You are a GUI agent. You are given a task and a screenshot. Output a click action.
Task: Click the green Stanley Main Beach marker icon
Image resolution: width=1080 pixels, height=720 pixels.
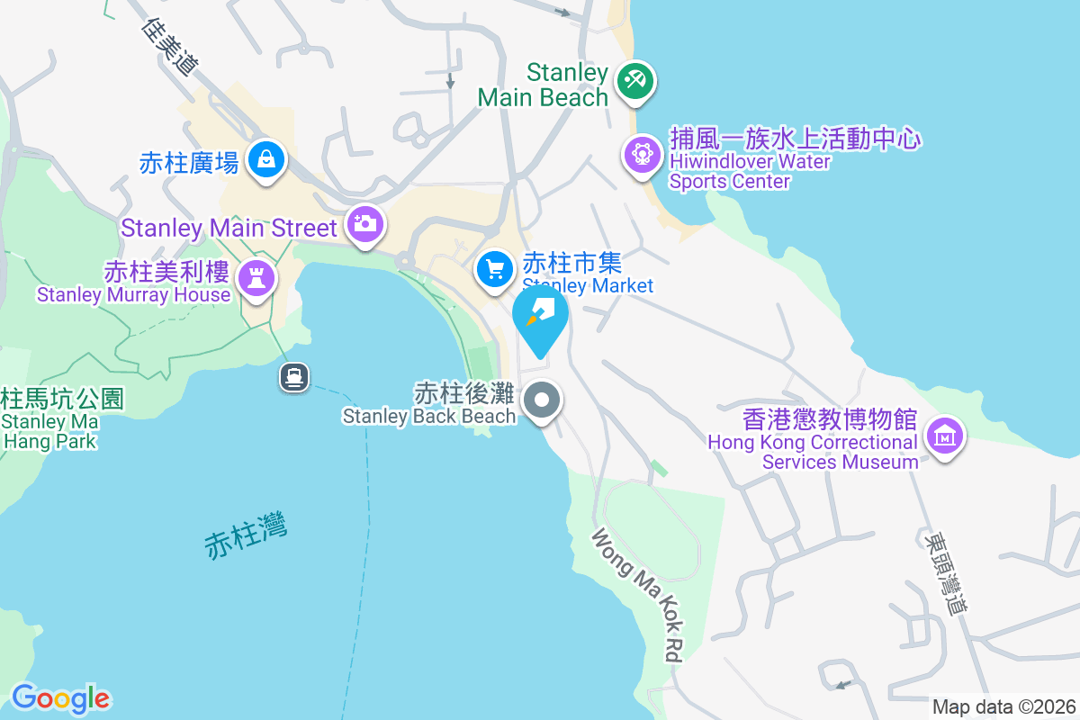pos(635,81)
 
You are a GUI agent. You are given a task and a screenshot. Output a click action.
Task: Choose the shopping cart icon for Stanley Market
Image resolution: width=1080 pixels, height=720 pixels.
pos(494,268)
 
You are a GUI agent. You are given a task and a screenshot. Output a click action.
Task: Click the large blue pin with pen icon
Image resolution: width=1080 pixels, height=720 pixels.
pos(540,316)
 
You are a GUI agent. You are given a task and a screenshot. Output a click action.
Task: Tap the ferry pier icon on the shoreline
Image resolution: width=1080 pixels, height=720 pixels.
pos(294,376)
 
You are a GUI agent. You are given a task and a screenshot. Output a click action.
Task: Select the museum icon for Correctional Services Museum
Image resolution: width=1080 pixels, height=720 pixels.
pos(945,437)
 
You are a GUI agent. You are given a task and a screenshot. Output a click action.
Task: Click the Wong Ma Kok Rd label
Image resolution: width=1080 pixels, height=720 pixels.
pos(635,594)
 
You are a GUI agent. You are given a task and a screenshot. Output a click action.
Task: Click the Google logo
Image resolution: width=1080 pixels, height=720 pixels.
pos(60,698)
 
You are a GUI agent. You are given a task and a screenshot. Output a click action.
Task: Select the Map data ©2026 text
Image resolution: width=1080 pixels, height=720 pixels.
pos(1003,707)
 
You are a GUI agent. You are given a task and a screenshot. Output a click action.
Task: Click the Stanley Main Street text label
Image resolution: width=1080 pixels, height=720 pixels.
pos(229,228)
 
